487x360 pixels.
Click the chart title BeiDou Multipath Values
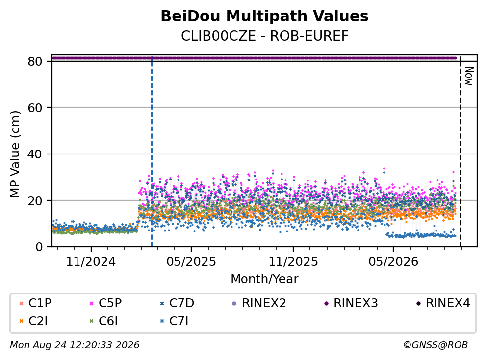point(264,16)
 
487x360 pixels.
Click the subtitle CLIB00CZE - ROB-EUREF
point(265,36)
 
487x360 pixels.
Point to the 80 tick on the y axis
point(35,61)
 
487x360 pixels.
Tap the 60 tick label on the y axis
point(35,108)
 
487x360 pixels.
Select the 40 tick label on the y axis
point(35,154)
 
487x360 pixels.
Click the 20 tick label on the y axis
point(35,200)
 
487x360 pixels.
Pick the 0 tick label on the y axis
point(39,247)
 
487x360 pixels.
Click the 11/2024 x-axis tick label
point(91,262)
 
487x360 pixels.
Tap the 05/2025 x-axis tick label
point(191,262)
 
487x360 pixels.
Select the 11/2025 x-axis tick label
point(293,262)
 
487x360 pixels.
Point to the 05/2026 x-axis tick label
point(393,262)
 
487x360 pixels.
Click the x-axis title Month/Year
point(264,279)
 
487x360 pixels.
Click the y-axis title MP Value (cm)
point(15,154)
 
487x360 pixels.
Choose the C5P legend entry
point(105,303)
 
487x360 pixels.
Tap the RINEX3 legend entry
point(351,303)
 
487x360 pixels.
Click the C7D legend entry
point(177,303)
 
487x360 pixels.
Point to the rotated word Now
point(469,76)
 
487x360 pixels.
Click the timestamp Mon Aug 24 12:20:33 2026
point(75,345)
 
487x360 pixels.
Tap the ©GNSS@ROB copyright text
point(436,345)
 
